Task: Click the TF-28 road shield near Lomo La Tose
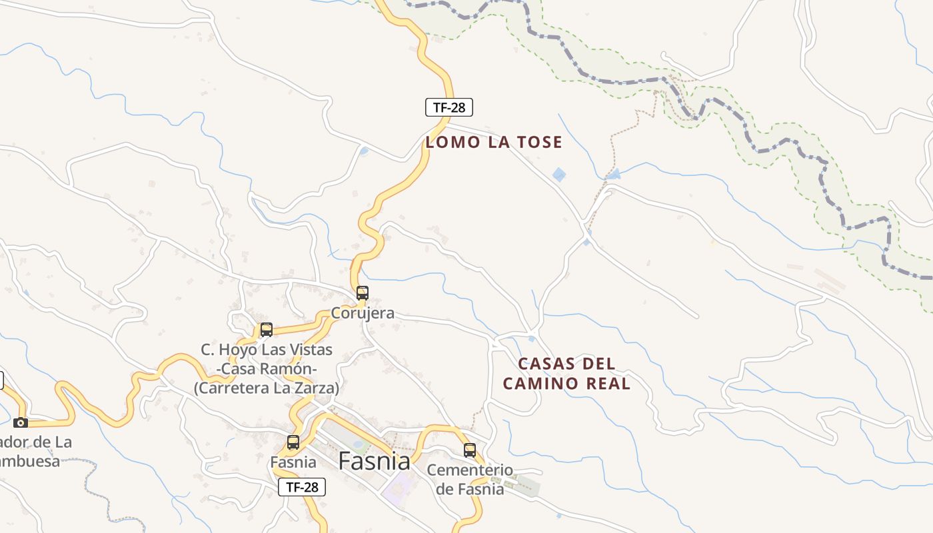point(449,107)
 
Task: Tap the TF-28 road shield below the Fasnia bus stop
point(302,487)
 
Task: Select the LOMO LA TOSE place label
point(494,142)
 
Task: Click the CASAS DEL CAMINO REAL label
point(566,374)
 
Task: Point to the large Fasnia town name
point(374,460)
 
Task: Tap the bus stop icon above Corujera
point(363,292)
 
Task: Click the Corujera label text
point(363,312)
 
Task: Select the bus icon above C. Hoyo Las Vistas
point(267,329)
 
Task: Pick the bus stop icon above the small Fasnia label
point(293,442)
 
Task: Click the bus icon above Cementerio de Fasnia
point(470,450)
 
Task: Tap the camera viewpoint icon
point(21,422)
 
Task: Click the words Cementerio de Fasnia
point(470,479)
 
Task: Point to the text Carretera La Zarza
point(267,388)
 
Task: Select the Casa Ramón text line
point(267,368)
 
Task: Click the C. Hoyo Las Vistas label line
point(267,350)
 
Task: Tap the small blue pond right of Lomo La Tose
point(559,175)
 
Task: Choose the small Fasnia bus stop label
point(293,462)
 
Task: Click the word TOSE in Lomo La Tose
point(538,142)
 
